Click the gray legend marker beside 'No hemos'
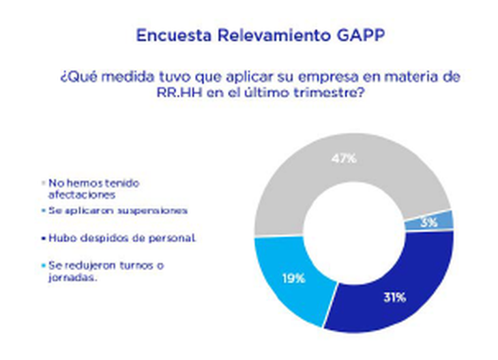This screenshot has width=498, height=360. click(45, 183)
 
